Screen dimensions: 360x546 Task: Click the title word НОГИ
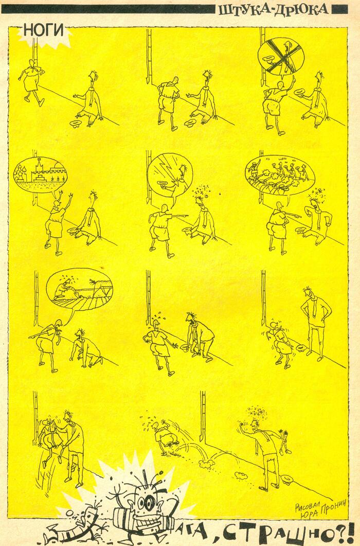tap(44, 31)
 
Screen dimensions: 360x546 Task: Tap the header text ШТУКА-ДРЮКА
tap(274, 9)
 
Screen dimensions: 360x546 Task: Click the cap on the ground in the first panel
tap(74, 123)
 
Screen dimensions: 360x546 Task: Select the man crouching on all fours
tap(86, 348)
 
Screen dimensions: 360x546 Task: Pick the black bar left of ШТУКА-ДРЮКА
tap(108, 9)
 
